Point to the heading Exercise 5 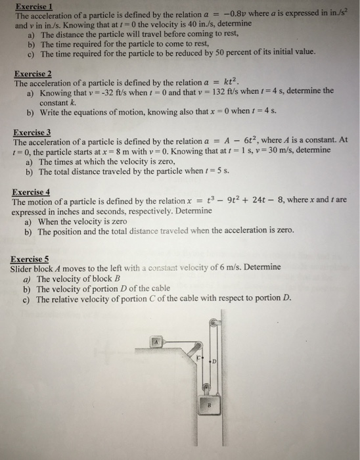point(30,258)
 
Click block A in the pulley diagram point(158,342)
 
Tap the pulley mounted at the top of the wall point(214,323)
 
